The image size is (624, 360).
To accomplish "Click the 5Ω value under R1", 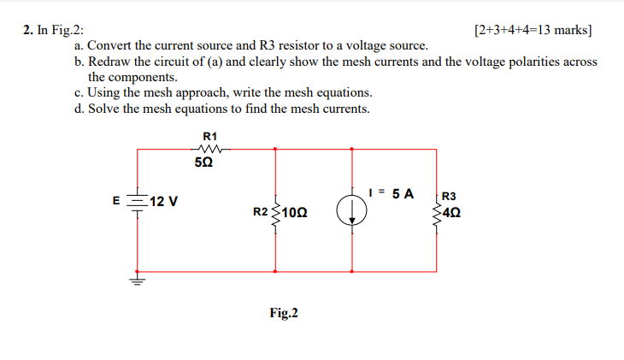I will click(205, 163).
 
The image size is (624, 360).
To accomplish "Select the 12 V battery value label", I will click(163, 202).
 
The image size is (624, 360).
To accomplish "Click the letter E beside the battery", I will click(117, 202).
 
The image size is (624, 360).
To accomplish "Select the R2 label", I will click(261, 210).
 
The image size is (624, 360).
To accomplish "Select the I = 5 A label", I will click(390, 193).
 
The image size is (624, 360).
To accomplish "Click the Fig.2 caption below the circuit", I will click(284, 313).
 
